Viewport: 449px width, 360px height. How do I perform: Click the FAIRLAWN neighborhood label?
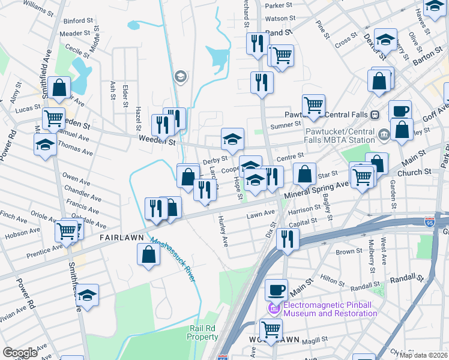pos(121,238)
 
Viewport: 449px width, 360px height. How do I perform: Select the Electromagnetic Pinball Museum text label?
pos(330,309)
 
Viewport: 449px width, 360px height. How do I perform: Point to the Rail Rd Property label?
pos(203,332)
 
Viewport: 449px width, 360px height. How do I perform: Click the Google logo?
pos(20,353)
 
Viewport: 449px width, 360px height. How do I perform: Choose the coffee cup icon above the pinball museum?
pos(276,290)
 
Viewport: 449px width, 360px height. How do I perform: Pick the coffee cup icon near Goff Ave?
pos(400,111)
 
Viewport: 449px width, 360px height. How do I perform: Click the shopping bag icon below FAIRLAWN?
pos(148,254)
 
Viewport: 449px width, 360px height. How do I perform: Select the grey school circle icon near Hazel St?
pos(179,76)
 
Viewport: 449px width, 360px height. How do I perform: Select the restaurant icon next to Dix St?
pos(288,239)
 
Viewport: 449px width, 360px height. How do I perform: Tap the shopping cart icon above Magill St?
pos(271,329)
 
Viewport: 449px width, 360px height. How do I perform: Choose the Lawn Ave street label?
pos(261,213)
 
